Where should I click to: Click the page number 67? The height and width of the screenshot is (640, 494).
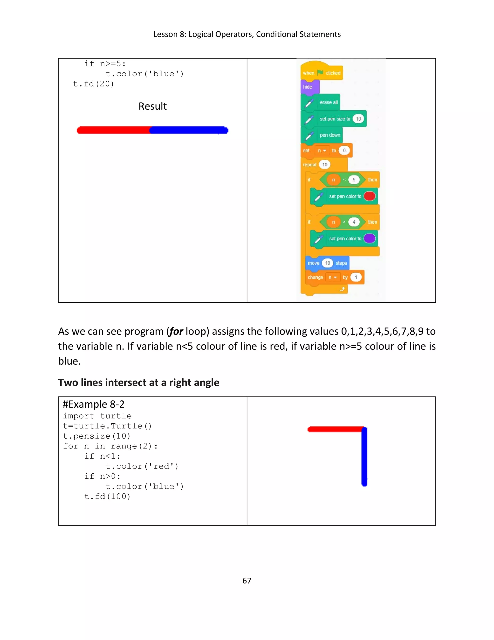click(x=247, y=581)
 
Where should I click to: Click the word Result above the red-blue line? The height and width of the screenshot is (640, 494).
click(x=152, y=106)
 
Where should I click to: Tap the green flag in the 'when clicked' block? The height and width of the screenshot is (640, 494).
click(x=320, y=73)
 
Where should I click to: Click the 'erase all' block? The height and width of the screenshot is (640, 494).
click(x=328, y=102)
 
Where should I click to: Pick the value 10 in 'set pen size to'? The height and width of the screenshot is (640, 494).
click(x=358, y=119)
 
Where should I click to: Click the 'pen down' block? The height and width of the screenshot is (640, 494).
click(x=329, y=135)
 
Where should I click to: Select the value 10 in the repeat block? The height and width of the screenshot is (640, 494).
click(x=325, y=165)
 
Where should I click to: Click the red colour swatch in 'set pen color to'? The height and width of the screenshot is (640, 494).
click(x=369, y=196)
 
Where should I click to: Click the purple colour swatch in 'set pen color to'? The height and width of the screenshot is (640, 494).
click(x=369, y=238)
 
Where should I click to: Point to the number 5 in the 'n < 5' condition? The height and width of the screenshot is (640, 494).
click(x=354, y=180)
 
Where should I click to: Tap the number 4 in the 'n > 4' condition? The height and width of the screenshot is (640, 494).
click(x=354, y=222)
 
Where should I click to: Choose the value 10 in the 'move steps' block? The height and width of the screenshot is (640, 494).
click(x=328, y=263)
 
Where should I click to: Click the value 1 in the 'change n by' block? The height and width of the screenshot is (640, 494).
click(x=356, y=277)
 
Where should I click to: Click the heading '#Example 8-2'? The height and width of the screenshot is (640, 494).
click(x=94, y=404)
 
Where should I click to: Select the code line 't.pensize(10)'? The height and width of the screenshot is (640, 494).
click(x=96, y=436)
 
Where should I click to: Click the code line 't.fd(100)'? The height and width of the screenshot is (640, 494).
click(x=107, y=496)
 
